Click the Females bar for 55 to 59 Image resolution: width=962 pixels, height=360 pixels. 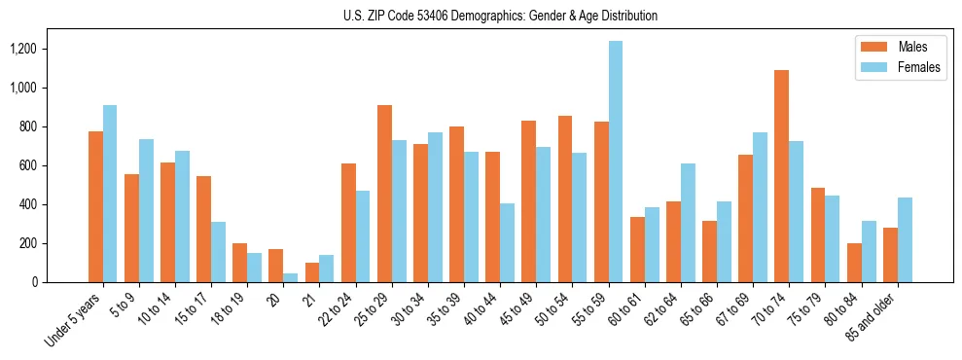[616, 162]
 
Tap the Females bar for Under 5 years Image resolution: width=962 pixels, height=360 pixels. [110, 194]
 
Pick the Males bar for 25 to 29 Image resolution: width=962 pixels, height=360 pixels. [384, 194]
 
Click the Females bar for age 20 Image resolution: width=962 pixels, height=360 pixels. [291, 277]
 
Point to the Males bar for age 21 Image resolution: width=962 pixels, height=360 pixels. [312, 272]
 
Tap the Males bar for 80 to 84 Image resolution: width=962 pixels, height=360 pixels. [854, 263]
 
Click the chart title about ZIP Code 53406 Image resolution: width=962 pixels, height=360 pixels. [500, 16]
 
